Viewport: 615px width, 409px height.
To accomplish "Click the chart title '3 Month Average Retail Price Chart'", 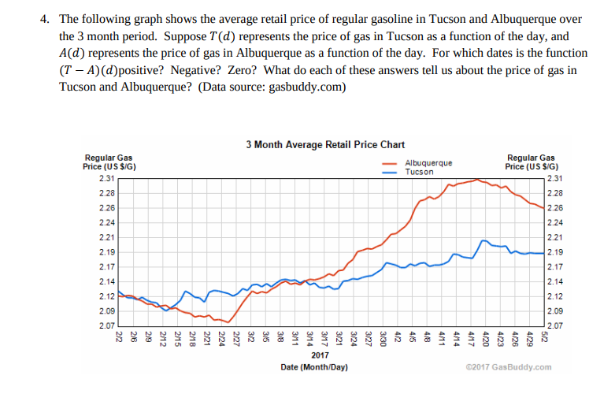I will (325, 144).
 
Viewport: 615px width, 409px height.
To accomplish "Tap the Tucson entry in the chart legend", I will (420, 172).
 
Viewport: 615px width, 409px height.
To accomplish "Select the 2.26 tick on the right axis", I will (554, 207).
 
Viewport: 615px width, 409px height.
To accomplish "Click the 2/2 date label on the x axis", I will (118, 336).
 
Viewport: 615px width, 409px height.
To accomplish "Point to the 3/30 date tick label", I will (383, 338).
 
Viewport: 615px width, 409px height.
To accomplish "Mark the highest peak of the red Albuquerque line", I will (477, 180).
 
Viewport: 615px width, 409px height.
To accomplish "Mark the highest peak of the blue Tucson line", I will (485, 238).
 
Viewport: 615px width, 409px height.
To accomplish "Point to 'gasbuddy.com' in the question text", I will (306, 87).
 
